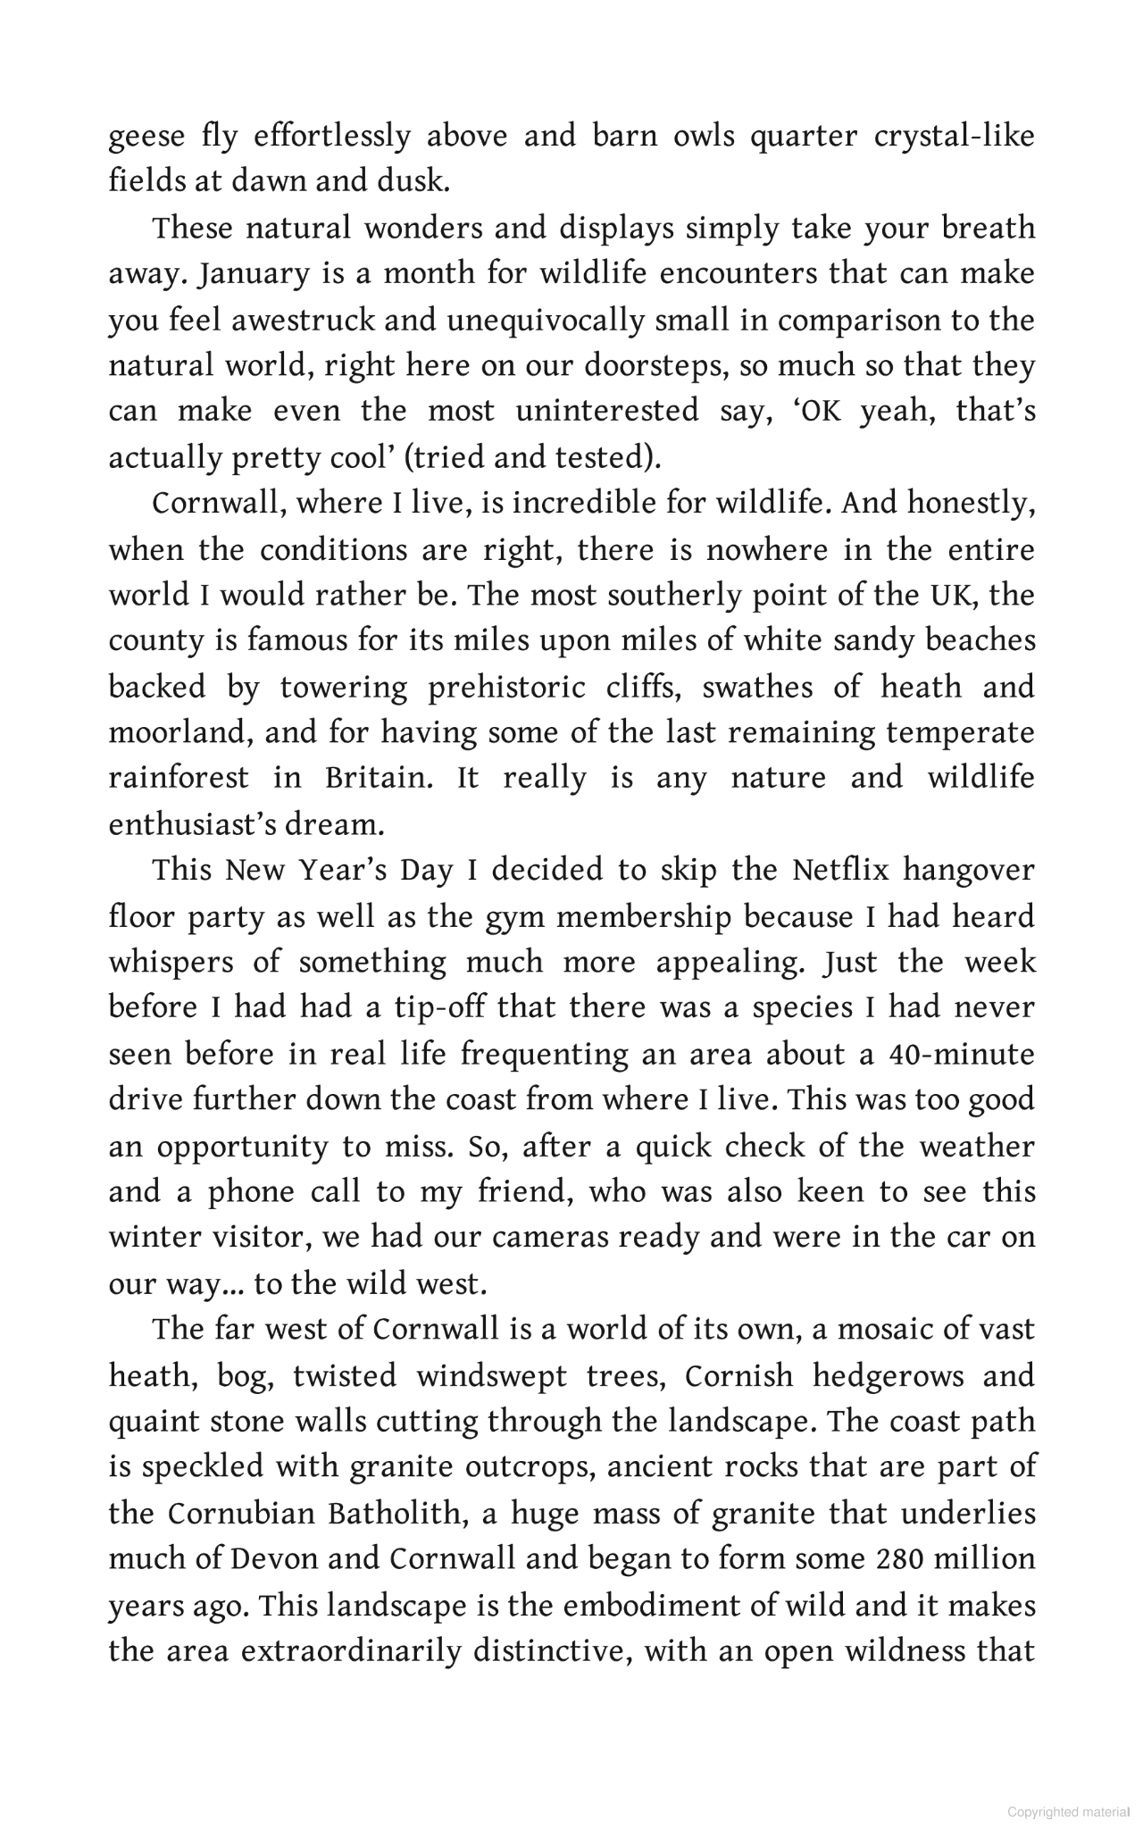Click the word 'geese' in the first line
(x=147, y=137)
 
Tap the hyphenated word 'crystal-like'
(x=952, y=137)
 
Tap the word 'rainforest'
(x=179, y=778)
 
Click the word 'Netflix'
(x=840, y=870)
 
